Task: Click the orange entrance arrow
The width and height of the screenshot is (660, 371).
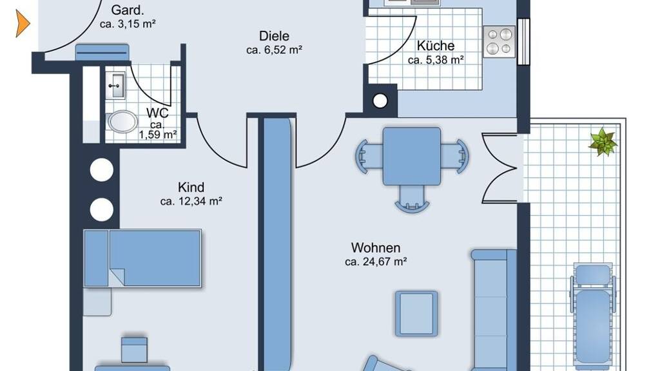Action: pos(23,24)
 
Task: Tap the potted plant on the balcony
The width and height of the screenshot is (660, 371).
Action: pos(603,142)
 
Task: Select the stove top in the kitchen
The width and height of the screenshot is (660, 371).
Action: pos(500,42)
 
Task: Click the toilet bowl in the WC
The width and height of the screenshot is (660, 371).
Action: pos(122,122)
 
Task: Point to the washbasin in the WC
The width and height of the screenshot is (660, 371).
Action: pos(115,86)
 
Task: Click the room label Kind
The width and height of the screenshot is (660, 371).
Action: pos(191,187)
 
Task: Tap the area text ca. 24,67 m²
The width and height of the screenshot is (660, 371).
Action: pos(376,262)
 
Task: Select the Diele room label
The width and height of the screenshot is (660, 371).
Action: pos(274,36)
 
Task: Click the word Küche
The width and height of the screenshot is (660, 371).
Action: pos(436,46)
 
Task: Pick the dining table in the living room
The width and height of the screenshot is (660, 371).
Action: pos(412,157)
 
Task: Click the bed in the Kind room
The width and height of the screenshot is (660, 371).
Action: pos(142,258)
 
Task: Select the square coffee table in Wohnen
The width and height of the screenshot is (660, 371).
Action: pos(416,314)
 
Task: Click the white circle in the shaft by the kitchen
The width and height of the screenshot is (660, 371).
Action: pos(380,101)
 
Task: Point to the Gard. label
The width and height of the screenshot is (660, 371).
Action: pos(128,10)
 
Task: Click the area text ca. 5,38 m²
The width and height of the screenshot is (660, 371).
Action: pos(436,60)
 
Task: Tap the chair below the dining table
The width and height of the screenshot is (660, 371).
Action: pos(412,199)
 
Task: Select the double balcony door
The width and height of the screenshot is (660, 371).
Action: pos(500,168)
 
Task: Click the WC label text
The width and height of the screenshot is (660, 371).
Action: pos(157,113)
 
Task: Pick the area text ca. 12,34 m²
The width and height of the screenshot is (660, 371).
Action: pos(191,201)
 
